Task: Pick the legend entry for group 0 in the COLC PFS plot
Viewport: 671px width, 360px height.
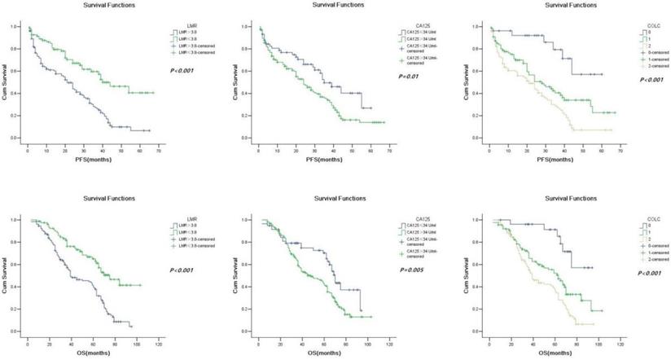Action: click(x=641, y=33)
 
